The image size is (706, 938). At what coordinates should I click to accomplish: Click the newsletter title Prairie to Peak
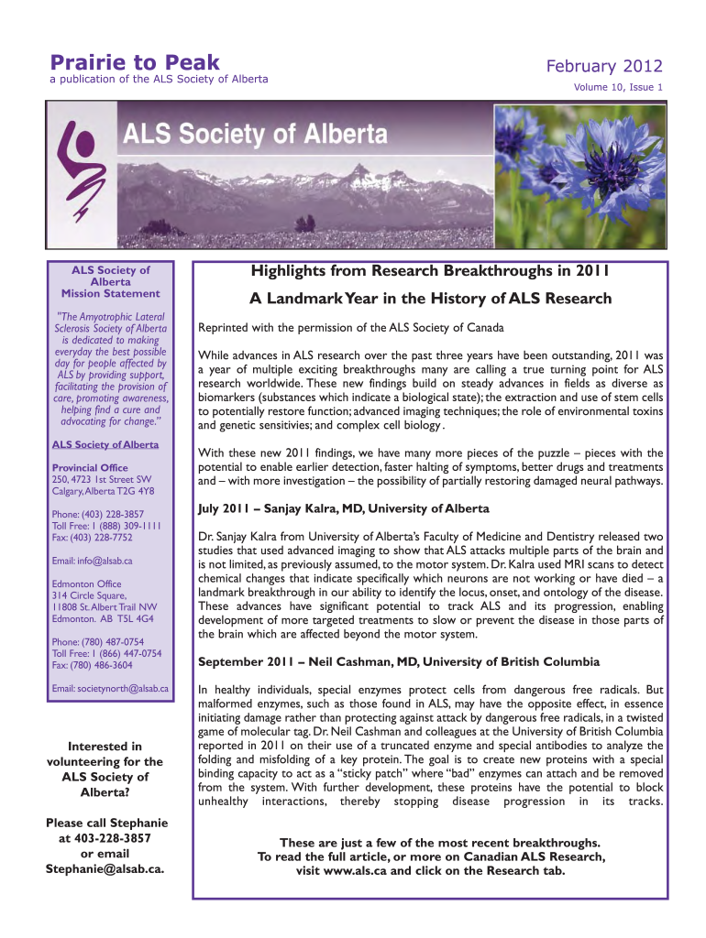135,62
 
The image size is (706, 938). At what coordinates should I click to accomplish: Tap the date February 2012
603,67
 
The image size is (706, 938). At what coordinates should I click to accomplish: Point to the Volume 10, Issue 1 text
618,88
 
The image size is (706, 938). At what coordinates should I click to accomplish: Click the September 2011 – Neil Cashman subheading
386,661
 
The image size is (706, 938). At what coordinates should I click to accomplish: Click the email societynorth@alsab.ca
110,688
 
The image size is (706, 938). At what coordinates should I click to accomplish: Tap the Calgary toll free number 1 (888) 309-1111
107,527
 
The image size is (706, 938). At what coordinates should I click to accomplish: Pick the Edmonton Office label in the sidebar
86,584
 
